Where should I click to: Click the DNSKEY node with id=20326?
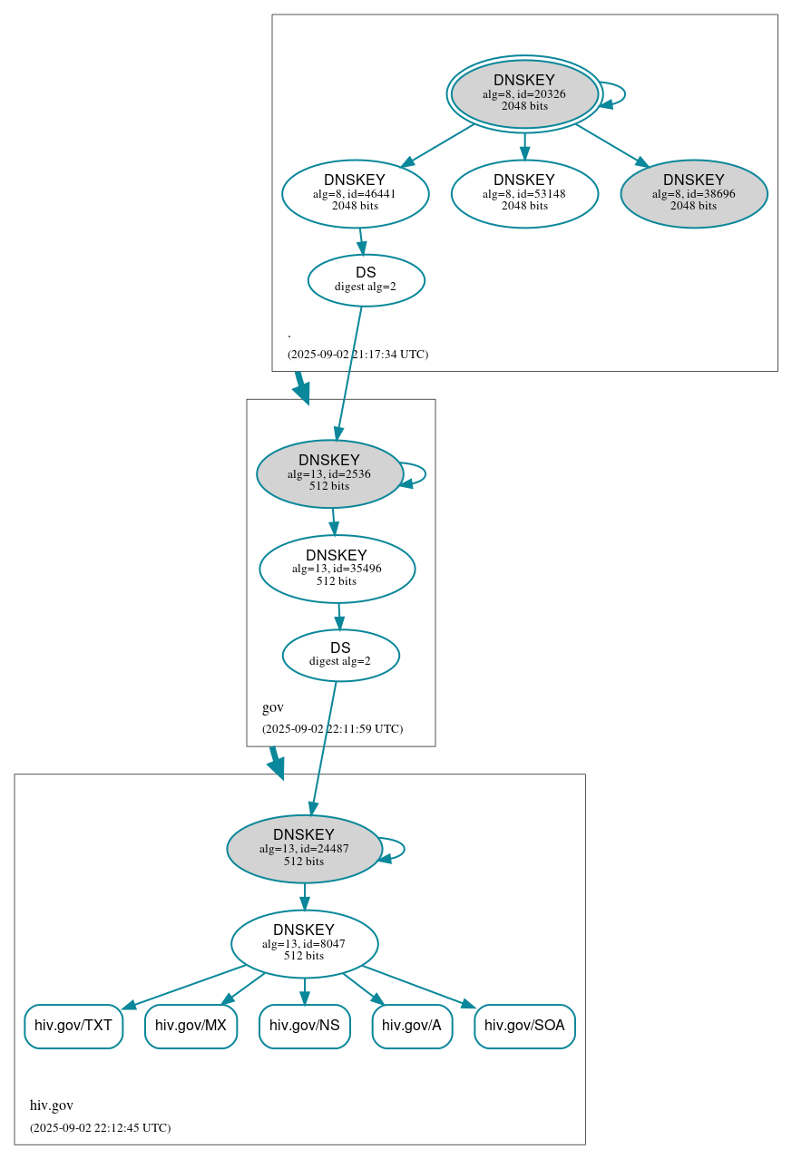[524, 93]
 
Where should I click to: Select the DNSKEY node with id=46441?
[355, 193]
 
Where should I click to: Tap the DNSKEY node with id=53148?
[524, 193]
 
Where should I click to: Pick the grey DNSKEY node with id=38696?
[694, 193]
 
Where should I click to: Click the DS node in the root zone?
[366, 280]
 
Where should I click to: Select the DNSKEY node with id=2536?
[329, 473]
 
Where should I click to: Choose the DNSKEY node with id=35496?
[337, 569]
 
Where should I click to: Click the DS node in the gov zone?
[340, 655]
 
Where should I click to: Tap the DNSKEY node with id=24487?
[304, 849]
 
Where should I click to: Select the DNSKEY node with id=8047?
[304, 944]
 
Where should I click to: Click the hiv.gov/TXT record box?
[73, 1026]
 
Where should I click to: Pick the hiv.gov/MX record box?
[191, 1026]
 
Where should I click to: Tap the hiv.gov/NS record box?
[305, 1026]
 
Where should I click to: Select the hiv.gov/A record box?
[412, 1026]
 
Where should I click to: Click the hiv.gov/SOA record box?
[524, 1026]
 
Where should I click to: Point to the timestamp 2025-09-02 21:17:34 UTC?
[357, 355]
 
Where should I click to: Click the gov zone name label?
[272, 707]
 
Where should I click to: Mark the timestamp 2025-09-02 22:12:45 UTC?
[100, 1128]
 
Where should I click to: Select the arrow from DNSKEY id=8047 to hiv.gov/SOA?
[417, 986]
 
